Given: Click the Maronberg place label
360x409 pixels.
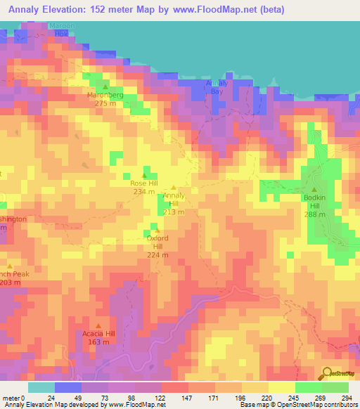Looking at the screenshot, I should (105, 94).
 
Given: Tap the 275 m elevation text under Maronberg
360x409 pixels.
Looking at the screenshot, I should (105, 103).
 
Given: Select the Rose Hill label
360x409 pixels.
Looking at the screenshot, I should (143, 183).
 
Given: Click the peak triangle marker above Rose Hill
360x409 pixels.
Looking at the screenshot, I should (145, 175).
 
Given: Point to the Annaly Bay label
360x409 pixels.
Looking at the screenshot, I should (217, 87).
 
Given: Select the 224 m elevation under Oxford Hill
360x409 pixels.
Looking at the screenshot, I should (157, 254).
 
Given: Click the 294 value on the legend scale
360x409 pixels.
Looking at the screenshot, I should (346, 397).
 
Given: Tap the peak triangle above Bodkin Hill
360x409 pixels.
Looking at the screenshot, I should (314, 190).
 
